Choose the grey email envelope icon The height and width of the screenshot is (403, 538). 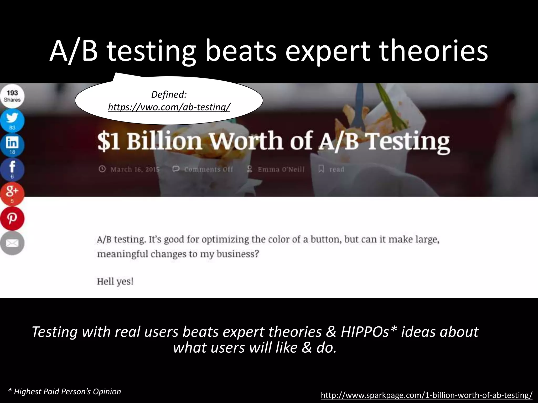point(12,243)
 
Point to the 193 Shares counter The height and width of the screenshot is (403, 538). point(12,96)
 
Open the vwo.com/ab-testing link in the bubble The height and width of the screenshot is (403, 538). point(169,107)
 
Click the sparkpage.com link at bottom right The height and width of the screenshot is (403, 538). point(427,395)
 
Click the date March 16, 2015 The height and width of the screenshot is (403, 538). point(135,169)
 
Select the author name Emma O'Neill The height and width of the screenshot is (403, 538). point(281,169)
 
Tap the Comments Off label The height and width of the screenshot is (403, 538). point(208,169)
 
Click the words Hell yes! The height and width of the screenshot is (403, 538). point(115,281)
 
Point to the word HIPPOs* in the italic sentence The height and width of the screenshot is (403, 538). point(368,332)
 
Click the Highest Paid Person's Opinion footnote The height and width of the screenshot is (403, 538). point(65,392)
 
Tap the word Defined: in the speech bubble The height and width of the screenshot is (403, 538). point(169,94)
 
